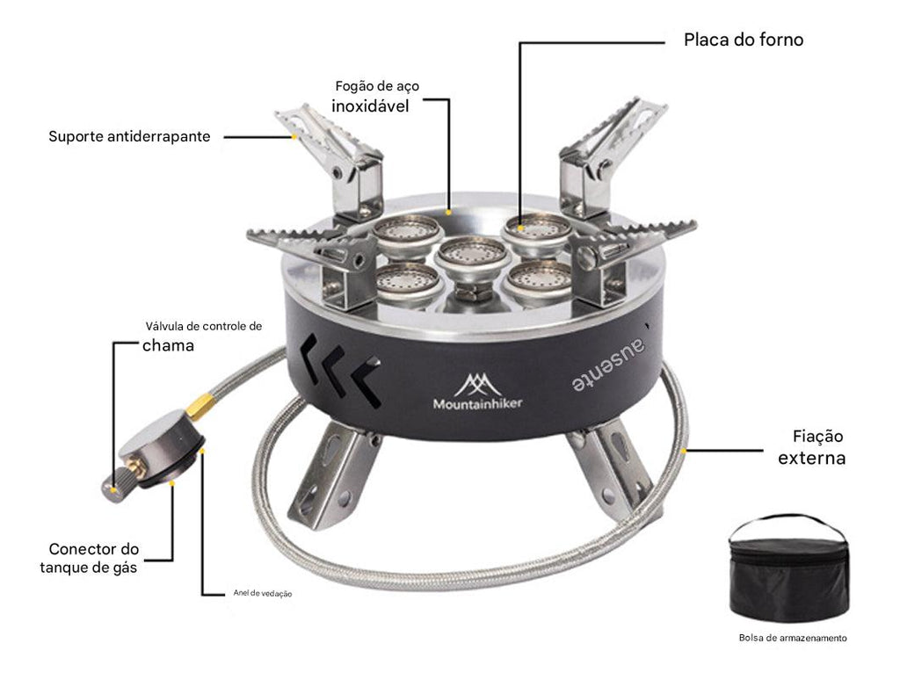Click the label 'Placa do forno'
click(744, 40)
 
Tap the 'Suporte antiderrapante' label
click(129, 137)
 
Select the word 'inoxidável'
click(370, 106)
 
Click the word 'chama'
click(168, 345)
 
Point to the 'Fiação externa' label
click(811, 447)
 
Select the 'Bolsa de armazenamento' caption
click(793, 639)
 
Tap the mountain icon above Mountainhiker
click(477, 383)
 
